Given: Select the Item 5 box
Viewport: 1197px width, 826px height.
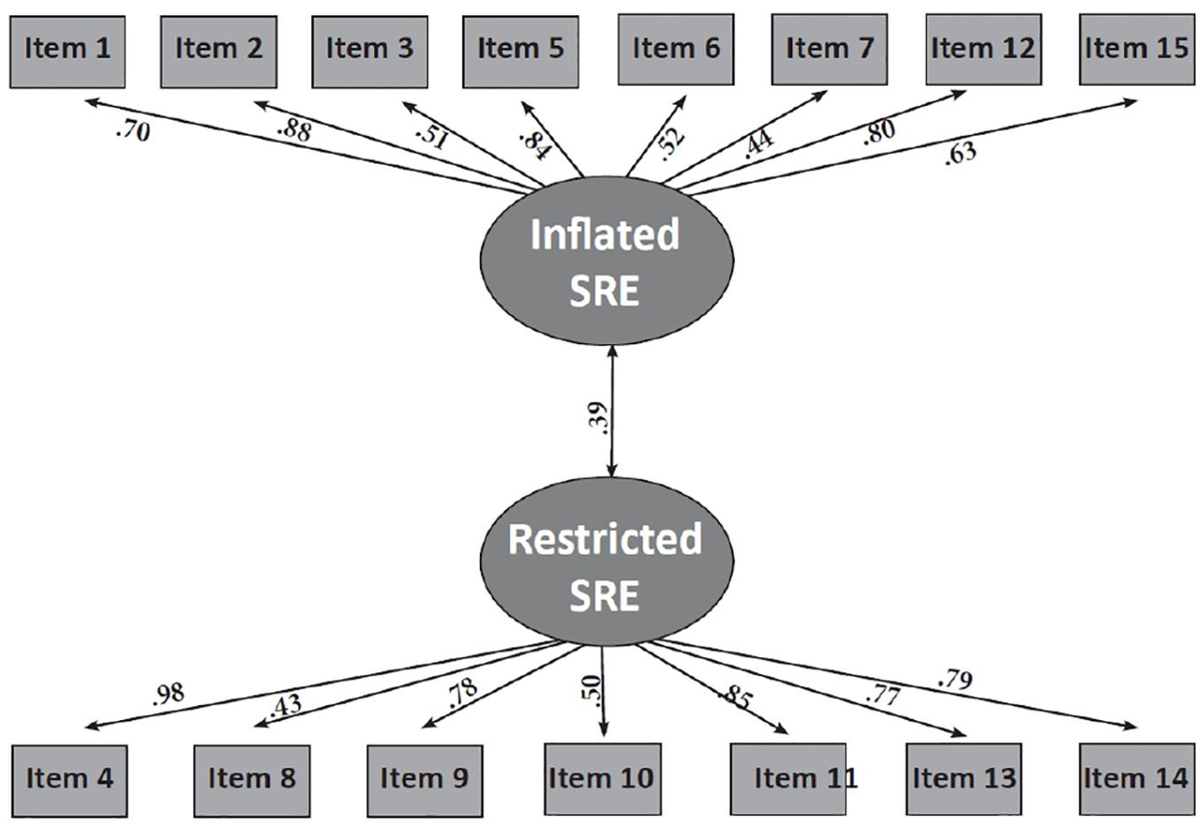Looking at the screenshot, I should click(x=520, y=49).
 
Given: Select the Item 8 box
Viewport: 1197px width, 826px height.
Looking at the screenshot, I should click(x=251, y=778).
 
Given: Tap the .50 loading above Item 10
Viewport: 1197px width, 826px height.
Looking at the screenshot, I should click(x=593, y=686).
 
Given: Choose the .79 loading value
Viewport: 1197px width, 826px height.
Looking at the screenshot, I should click(x=955, y=681).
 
